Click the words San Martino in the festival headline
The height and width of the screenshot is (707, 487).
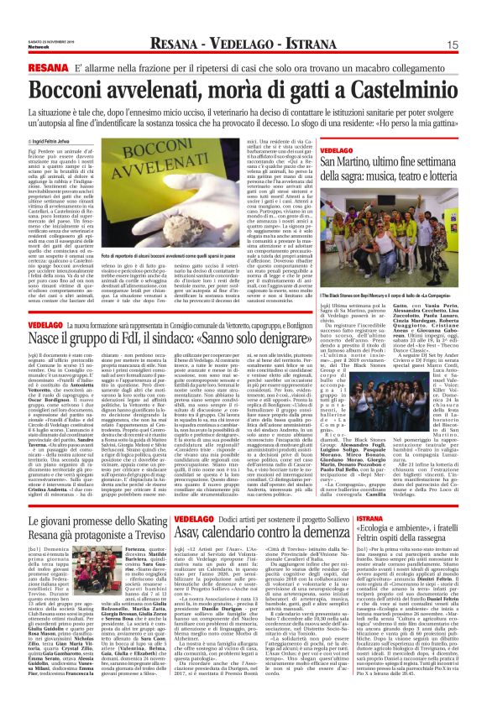(345, 161)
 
